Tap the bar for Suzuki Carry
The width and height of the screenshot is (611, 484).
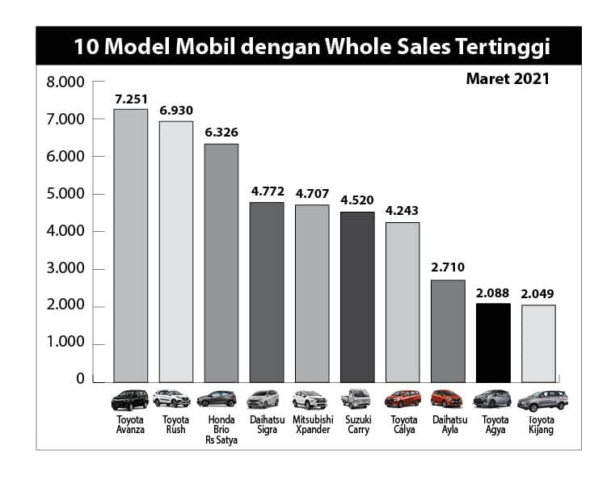[x=357, y=297]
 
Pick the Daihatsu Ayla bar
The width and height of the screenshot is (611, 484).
[x=448, y=330]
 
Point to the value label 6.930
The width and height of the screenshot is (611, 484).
[x=176, y=110]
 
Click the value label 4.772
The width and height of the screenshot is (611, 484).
[x=267, y=191]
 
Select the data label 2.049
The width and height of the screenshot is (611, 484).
[x=538, y=293]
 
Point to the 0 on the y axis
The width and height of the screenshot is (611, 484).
[x=80, y=379]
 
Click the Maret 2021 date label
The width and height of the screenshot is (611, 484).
[x=508, y=79]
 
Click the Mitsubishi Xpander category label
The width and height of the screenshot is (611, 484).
[x=313, y=425]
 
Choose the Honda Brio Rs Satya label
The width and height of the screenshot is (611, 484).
[x=221, y=430]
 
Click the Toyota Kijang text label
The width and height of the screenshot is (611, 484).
[x=538, y=425]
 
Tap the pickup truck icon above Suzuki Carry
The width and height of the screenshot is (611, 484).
[x=357, y=399]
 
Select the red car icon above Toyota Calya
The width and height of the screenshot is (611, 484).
[x=402, y=399]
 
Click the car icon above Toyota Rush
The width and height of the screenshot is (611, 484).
[x=176, y=399]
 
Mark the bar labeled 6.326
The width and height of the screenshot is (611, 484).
[x=221, y=263]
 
